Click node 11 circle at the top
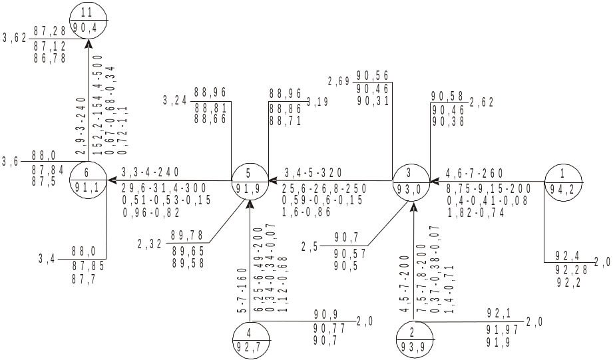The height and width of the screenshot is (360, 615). [88, 20]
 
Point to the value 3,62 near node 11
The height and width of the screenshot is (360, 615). [15, 39]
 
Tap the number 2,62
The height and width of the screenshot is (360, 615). [481, 102]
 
